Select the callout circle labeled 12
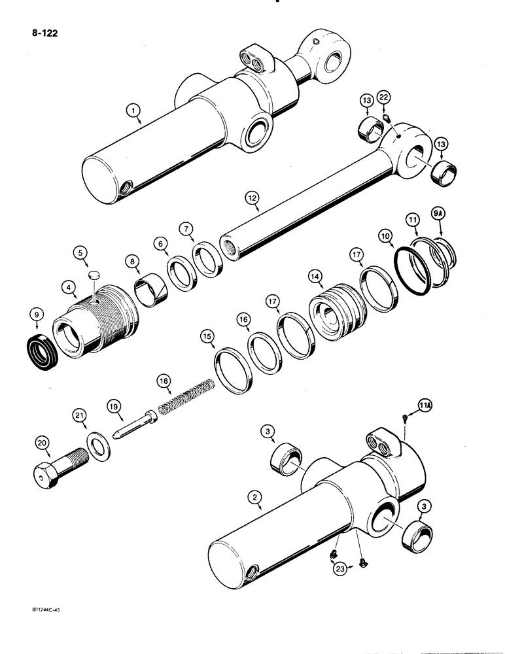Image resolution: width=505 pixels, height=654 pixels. (x=251, y=196)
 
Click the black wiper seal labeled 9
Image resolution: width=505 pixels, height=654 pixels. (x=43, y=345)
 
